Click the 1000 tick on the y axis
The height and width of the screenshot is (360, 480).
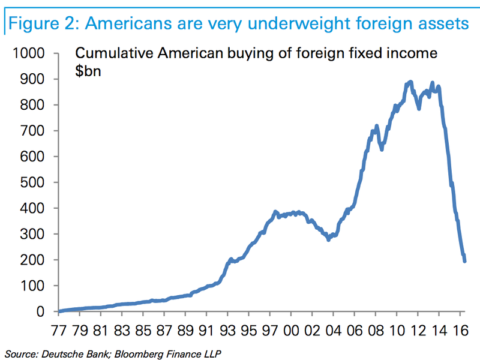click(29, 53)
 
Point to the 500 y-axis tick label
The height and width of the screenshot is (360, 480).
click(33, 182)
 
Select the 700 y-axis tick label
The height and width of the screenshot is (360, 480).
click(33, 130)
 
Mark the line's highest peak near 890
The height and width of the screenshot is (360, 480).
click(410, 82)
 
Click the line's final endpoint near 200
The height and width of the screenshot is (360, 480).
click(464, 260)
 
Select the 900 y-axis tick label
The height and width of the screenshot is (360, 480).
click(33, 79)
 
